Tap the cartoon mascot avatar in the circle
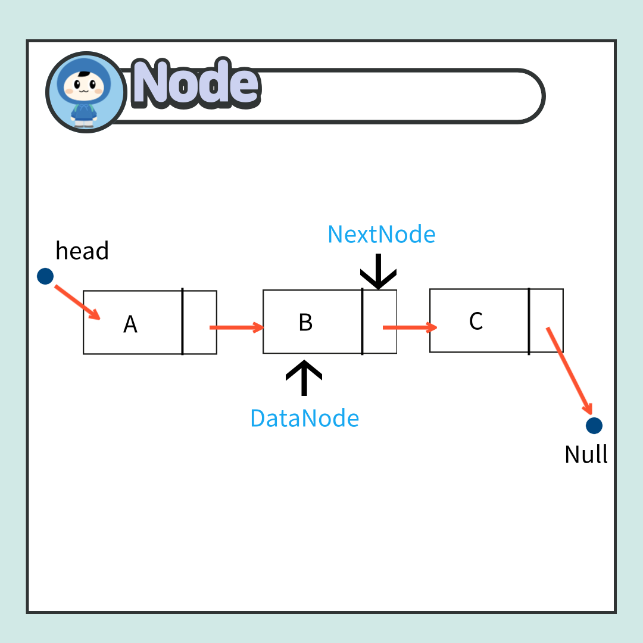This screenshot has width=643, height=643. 86,92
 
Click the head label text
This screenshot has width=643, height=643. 82,251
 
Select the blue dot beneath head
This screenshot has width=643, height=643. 45,276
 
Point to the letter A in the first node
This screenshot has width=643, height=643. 130,324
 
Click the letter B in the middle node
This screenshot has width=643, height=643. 305,322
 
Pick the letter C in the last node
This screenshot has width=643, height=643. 476,321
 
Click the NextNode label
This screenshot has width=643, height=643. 382,235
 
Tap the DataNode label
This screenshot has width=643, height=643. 304,419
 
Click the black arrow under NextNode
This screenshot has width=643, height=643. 378,272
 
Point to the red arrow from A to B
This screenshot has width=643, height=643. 236,327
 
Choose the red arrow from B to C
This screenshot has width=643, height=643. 410,327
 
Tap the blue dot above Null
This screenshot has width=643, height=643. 594,426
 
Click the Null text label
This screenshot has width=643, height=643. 586,455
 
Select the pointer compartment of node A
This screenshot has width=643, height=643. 199,322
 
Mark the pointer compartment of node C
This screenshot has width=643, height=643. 546,321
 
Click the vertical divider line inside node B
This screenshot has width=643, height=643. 362,322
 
